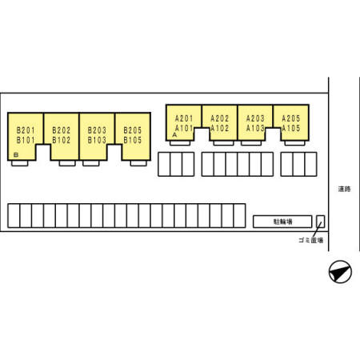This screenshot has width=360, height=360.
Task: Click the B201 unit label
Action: click(x=26, y=130)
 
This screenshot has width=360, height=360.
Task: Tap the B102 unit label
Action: click(x=62, y=140)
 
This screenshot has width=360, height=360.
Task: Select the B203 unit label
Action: click(x=97, y=130)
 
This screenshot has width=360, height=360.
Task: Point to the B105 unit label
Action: click(x=133, y=140)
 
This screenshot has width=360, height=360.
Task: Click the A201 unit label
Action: click(x=184, y=118)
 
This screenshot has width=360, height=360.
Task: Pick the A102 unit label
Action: click(x=220, y=128)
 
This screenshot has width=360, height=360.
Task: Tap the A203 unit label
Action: click(x=255, y=118)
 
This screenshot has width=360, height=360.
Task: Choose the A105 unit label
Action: click(x=291, y=128)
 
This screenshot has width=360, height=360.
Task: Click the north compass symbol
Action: click(x=340, y=272)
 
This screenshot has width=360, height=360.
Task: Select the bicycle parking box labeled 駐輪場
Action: click(x=282, y=222)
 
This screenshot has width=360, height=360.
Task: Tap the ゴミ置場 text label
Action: click(x=311, y=240)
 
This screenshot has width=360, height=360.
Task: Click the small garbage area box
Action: click(x=321, y=222)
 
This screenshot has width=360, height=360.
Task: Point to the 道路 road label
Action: click(x=344, y=189)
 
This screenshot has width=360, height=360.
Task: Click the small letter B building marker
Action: click(x=16, y=154)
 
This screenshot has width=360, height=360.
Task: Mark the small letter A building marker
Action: click(x=174, y=135)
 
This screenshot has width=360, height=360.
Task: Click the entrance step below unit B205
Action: click(x=138, y=163)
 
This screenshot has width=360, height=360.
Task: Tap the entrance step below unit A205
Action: click(x=294, y=143)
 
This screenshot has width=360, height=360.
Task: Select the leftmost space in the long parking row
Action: click(x=14, y=216)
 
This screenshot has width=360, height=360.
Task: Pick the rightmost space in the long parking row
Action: click(x=239, y=216)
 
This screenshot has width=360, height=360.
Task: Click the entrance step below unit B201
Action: click(x=20, y=163)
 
